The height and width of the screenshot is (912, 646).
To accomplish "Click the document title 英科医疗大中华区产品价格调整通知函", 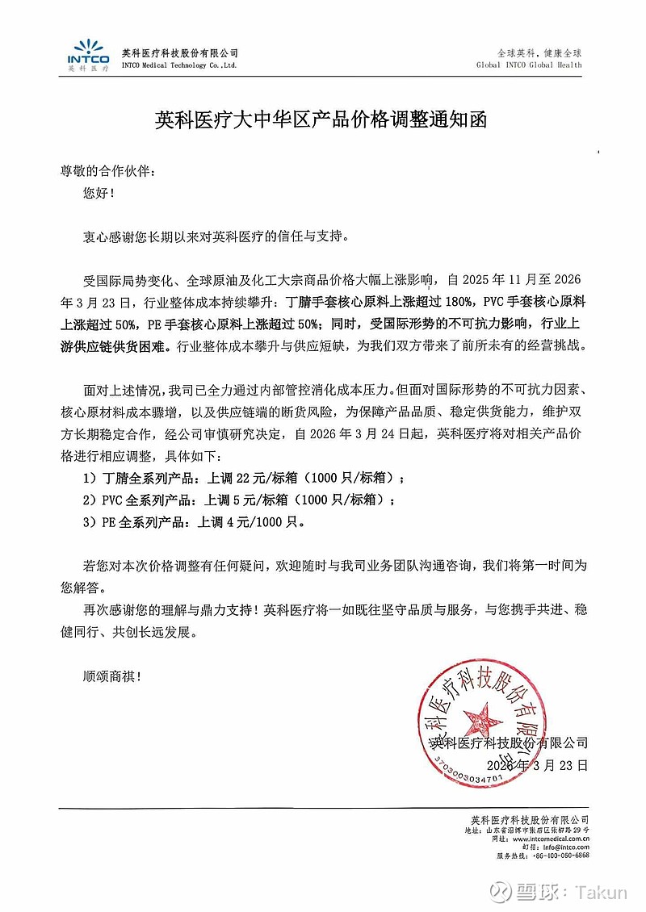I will pyautogui.click(x=322, y=120).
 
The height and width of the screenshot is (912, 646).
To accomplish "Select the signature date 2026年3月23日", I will pyautogui.click(x=538, y=763).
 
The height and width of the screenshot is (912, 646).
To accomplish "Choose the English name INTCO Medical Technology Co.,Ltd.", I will pyautogui.click(x=179, y=65).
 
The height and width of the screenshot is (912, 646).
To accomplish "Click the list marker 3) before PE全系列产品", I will pyautogui.click(x=89, y=521).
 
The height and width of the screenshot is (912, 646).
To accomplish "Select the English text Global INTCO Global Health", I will pyautogui.click(x=529, y=65).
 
